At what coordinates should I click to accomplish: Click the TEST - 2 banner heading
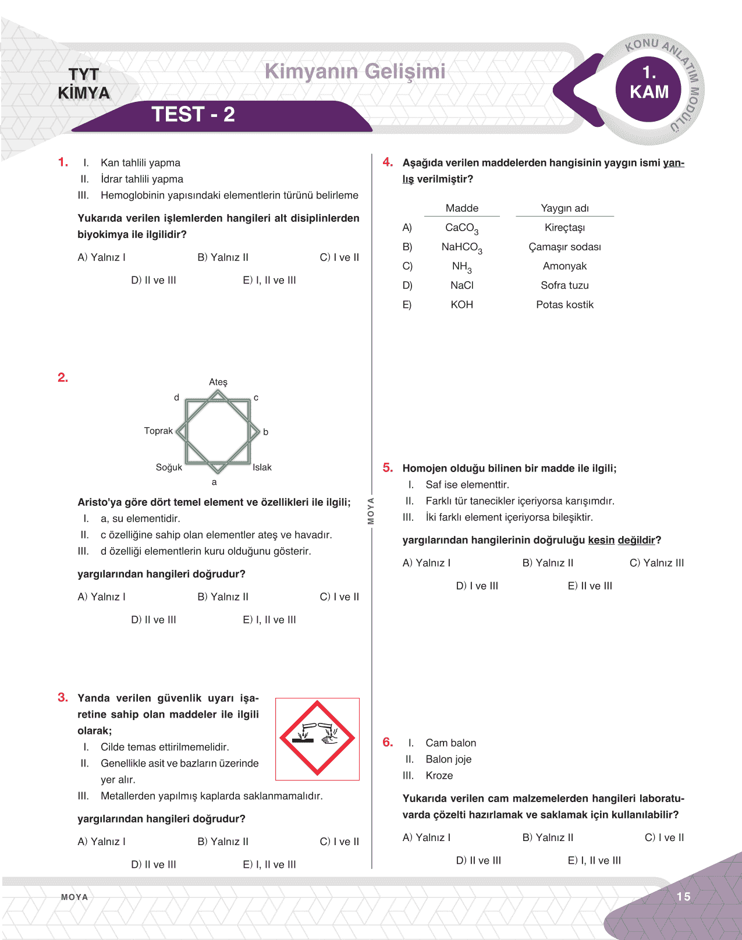pos(193,115)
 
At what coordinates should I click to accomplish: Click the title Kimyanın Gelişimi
pos(355,72)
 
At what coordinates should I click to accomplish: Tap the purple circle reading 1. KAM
pos(649,83)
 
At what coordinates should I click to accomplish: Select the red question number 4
pos(388,162)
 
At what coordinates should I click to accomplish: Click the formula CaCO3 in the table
pos(461,228)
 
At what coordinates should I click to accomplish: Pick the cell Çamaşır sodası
pos(565,247)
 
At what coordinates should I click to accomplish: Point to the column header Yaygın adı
pos(565,208)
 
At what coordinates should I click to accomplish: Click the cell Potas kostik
pos(565,304)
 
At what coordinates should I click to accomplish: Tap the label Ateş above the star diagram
pos(218,382)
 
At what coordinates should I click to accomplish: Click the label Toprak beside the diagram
pos(158,431)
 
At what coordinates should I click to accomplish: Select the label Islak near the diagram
pos(262,467)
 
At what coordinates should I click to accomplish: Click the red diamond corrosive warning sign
pos(317,738)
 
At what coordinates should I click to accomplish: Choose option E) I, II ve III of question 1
pos(269,280)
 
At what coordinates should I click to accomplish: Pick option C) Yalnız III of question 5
pos(656,563)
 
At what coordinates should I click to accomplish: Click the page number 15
pos(683,896)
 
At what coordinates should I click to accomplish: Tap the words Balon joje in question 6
pos(448,759)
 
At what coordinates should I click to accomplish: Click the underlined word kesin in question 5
pos(601,540)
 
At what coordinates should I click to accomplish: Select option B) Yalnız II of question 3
pos(223,842)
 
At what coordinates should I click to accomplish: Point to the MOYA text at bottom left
pos(74,897)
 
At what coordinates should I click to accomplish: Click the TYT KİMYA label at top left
pos(84,84)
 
